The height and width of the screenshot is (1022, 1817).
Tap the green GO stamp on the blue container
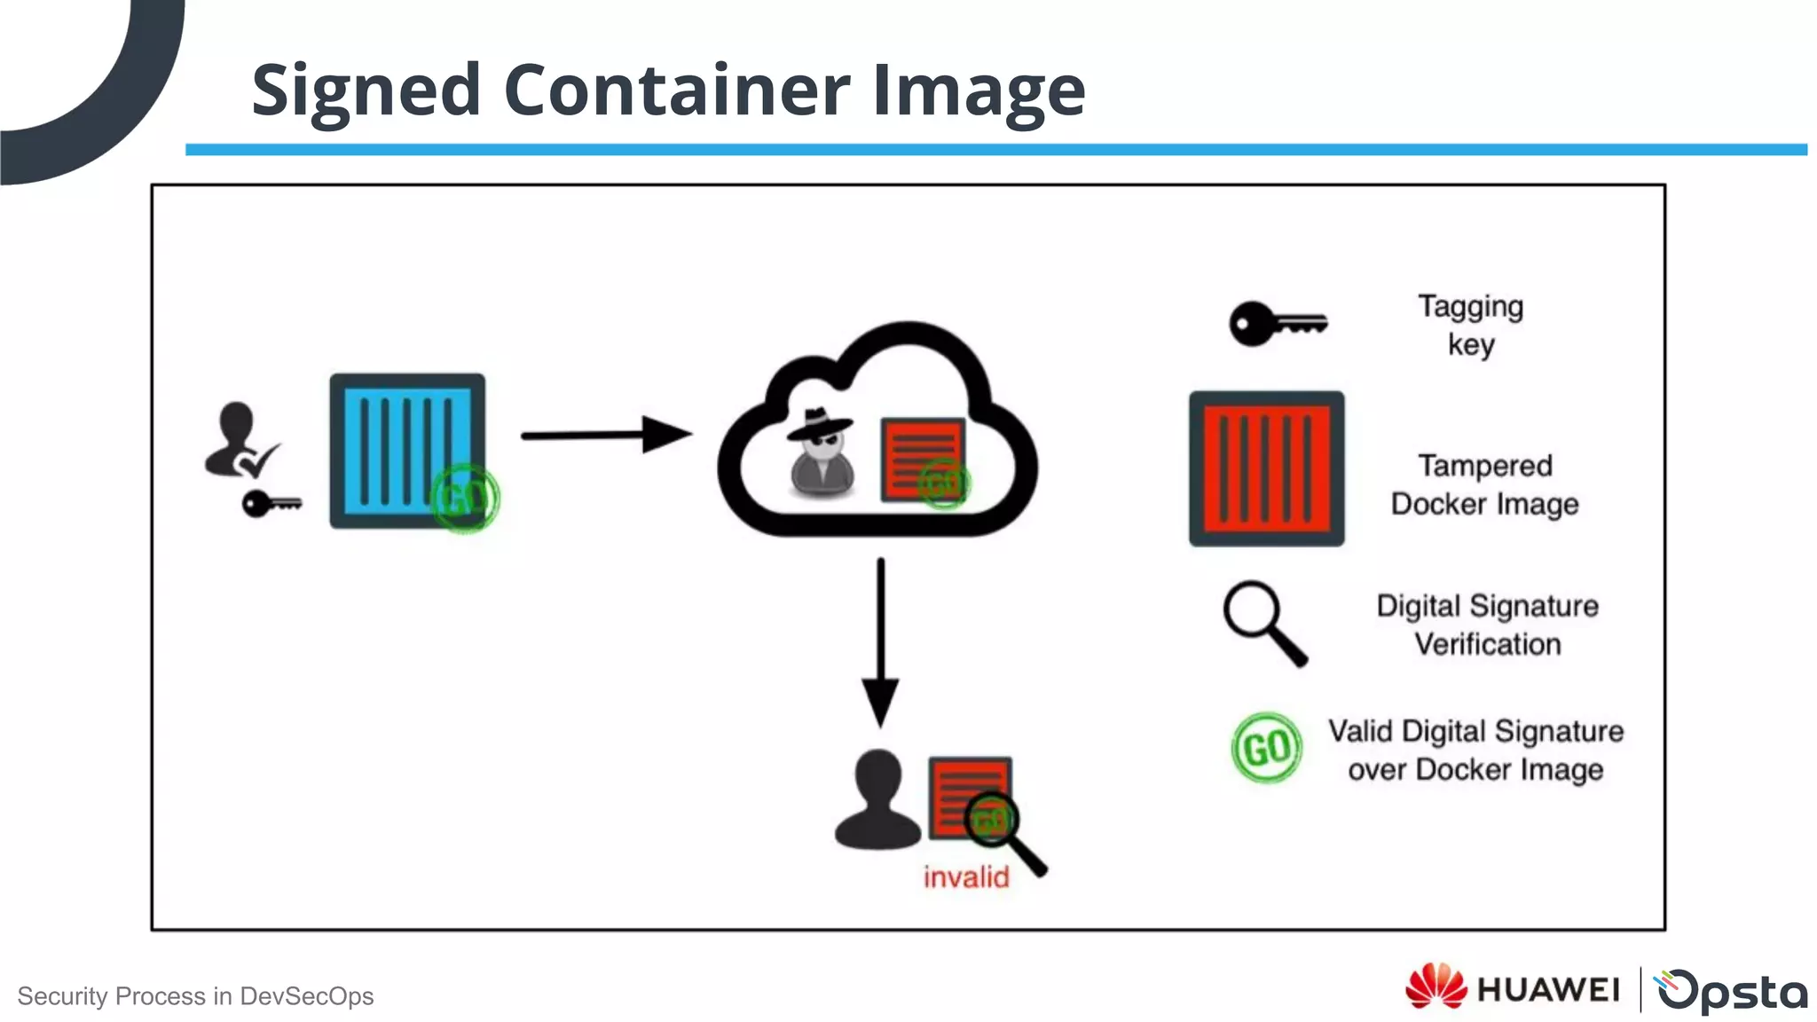tap(465, 498)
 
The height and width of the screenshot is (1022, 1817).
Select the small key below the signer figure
tap(270, 504)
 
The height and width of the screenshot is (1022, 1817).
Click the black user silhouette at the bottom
tap(877, 800)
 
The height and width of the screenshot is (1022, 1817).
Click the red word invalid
tap(965, 877)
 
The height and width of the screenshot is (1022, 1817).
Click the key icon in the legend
tap(1276, 324)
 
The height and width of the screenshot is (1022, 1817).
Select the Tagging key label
tap(1470, 325)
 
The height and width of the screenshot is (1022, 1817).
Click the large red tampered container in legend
tap(1266, 468)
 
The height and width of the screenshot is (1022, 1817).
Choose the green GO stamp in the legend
tap(1266, 748)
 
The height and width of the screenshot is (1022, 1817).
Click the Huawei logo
tap(1512, 988)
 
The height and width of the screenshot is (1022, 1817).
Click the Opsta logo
tap(1731, 990)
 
